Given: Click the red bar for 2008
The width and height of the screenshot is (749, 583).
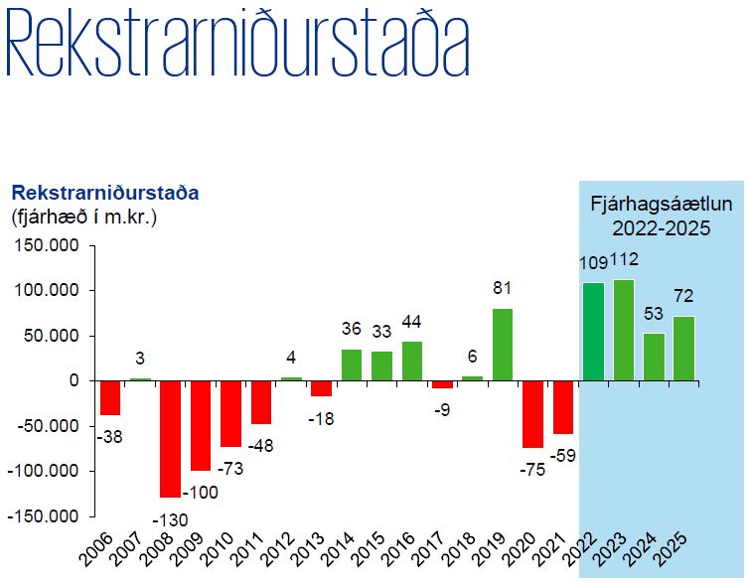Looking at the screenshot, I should (171, 438).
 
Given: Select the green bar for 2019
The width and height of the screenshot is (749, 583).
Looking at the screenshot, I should (503, 345).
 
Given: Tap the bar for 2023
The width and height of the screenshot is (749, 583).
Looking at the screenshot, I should (624, 330).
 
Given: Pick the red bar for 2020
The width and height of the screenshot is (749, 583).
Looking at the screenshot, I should (533, 414).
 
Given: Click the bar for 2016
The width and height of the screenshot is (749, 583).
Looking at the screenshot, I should (412, 361).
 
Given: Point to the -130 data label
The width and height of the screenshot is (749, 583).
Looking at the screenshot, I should (169, 518).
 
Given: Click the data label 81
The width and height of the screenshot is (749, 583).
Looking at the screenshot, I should (503, 289).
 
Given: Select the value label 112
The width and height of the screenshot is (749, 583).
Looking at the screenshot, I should (624, 260).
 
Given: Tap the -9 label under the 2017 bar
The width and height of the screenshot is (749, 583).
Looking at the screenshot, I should (442, 409).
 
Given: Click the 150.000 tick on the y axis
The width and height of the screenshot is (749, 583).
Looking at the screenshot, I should (48, 246).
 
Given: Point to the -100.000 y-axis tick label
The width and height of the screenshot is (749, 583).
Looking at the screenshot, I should (44, 471).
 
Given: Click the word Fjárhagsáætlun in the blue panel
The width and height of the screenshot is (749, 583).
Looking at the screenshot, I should (661, 206).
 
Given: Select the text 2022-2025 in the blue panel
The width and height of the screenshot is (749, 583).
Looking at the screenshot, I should (661, 229).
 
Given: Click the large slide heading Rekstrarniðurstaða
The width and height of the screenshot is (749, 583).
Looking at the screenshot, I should (236, 46).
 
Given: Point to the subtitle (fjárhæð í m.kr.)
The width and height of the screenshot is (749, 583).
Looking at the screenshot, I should (83, 216).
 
